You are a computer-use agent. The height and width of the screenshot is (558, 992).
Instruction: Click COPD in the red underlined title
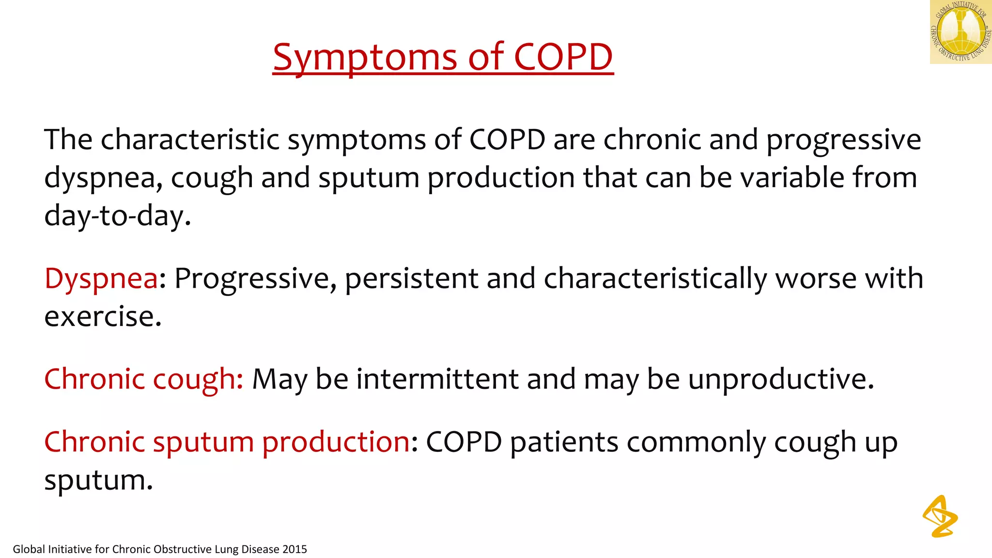pyautogui.click(x=563, y=57)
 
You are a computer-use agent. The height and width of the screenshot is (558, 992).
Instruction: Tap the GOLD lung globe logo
pyautogui.click(x=961, y=32)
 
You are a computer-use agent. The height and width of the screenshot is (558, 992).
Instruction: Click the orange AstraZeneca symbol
pyautogui.click(x=940, y=516)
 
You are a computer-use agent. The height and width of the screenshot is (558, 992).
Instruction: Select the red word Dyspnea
pyautogui.click(x=101, y=279)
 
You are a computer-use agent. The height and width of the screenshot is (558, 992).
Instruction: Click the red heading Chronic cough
pyautogui.click(x=143, y=379)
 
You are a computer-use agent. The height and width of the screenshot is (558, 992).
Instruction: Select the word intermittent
pyautogui.click(x=437, y=379)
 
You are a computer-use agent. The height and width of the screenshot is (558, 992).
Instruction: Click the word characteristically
pyautogui.click(x=655, y=279)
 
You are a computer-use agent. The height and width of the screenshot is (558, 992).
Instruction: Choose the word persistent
pyautogui.click(x=411, y=279)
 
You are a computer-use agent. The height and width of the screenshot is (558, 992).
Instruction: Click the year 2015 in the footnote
pyautogui.click(x=294, y=549)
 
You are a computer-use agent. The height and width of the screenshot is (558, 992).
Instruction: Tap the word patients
pyautogui.click(x=564, y=442)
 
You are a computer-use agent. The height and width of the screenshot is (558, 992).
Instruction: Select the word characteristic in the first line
pyautogui.click(x=190, y=140)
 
